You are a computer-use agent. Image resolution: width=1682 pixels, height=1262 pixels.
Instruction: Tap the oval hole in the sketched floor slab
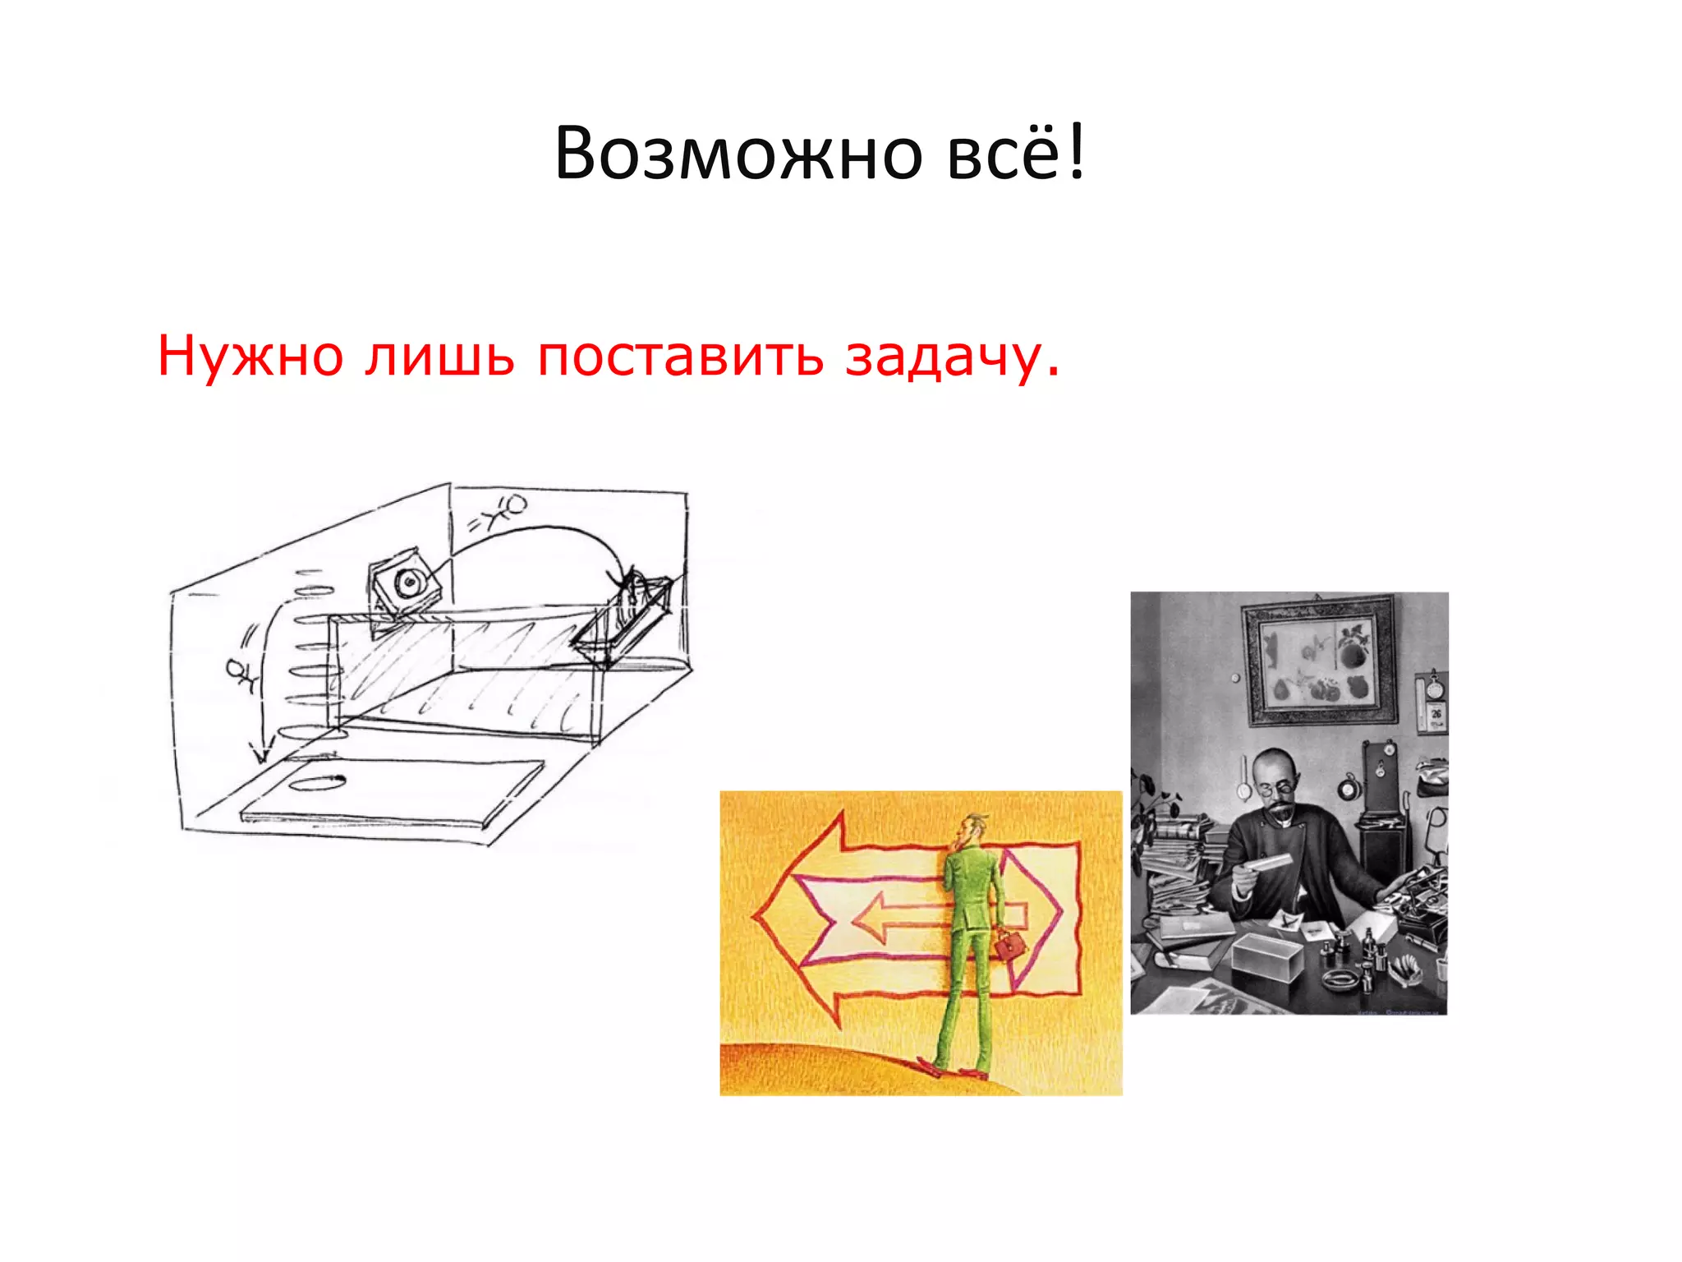pyautogui.click(x=316, y=781)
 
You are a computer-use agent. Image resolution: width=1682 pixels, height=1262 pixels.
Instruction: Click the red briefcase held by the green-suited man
pyautogui.click(x=1009, y=945)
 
